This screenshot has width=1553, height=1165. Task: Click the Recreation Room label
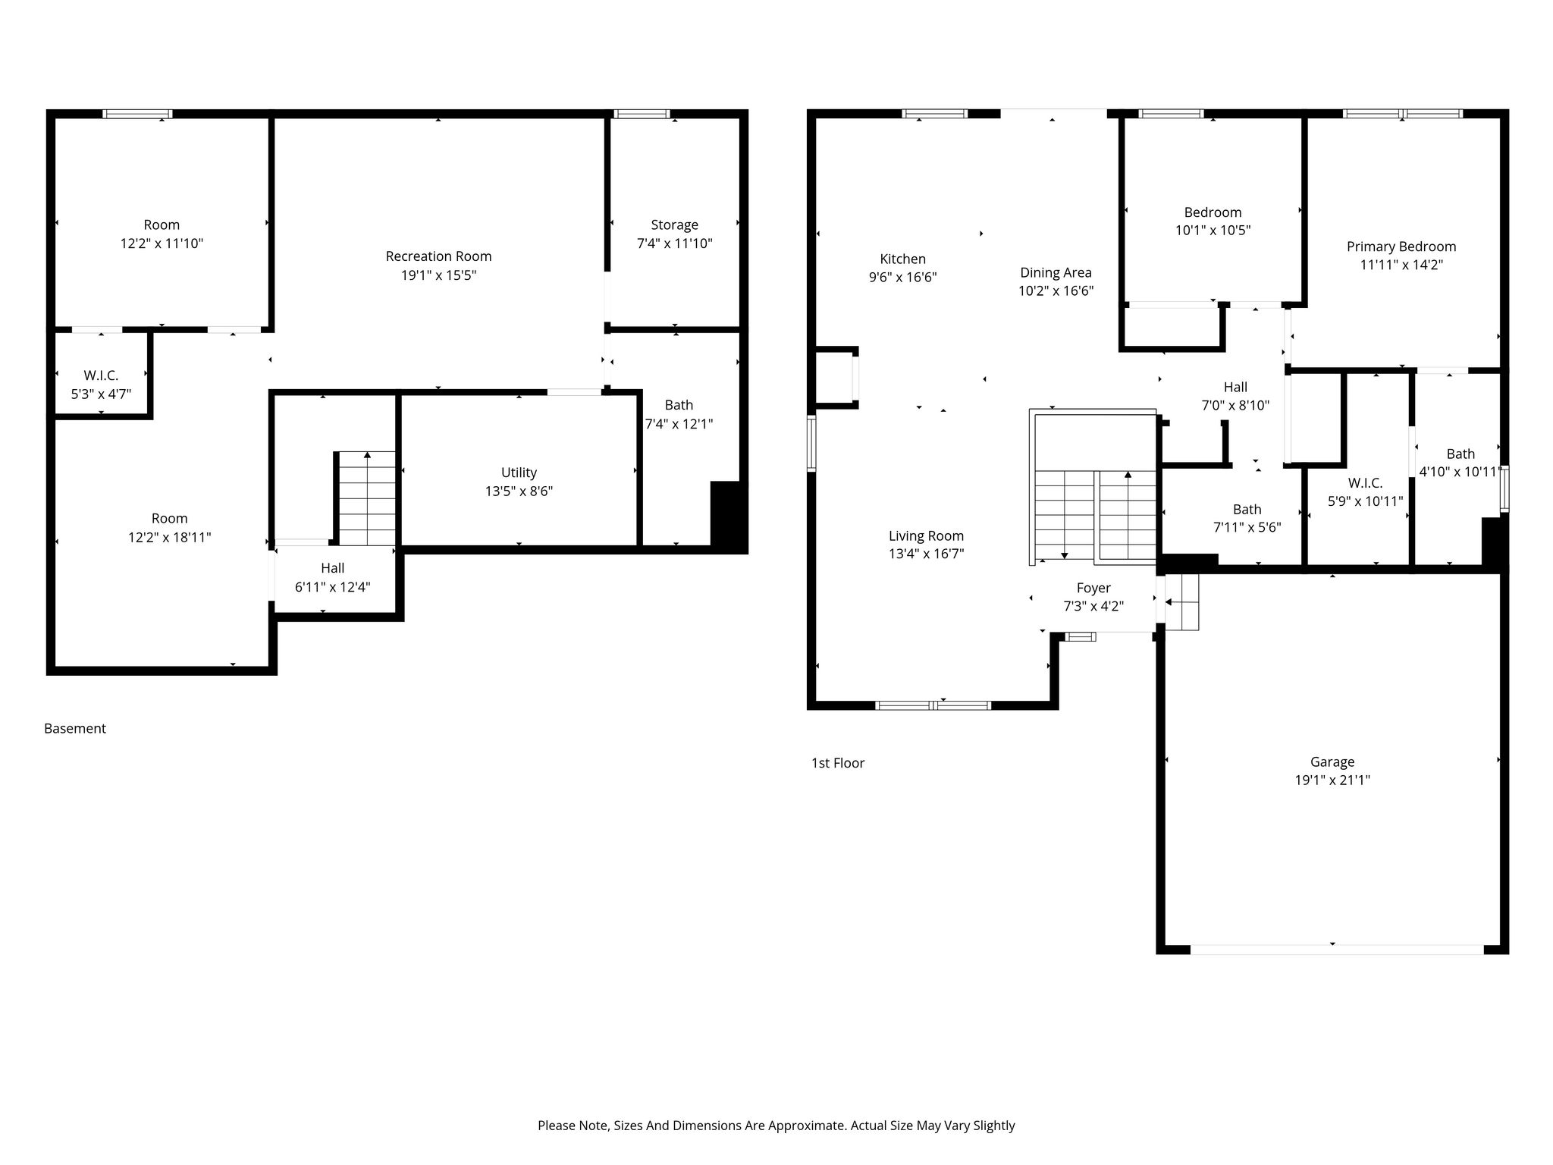pos(438,256)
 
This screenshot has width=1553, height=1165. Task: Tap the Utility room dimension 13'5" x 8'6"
pos(519,491)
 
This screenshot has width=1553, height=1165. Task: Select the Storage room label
pos(674,225)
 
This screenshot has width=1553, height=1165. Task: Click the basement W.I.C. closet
pos(102,374)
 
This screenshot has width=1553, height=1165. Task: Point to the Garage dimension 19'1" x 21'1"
pos(1332,780)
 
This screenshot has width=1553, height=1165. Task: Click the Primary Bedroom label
pos(1401,247)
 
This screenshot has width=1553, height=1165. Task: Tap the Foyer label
pos(1093,588)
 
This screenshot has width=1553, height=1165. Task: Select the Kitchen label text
pos(902,259)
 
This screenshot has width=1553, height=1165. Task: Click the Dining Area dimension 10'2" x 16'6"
pos(1056,290)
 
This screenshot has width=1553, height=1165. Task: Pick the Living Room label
pos(926,536)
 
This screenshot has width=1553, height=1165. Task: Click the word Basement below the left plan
pos(75,729)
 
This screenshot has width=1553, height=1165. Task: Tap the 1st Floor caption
pos(838,763)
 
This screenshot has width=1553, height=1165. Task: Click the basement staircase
pos(366,498)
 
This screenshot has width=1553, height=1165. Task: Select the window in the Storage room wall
pos(642,114)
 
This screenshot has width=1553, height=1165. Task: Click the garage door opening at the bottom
pos(1337,949)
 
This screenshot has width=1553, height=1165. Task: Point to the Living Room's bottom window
pos(933,705)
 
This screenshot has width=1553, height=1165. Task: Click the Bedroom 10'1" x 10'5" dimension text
pos(1213,231)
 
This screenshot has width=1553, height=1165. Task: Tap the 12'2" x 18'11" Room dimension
pos(169,538)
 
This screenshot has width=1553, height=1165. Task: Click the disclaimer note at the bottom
pos(776,1126)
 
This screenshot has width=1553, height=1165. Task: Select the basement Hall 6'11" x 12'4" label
pos(332,577)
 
